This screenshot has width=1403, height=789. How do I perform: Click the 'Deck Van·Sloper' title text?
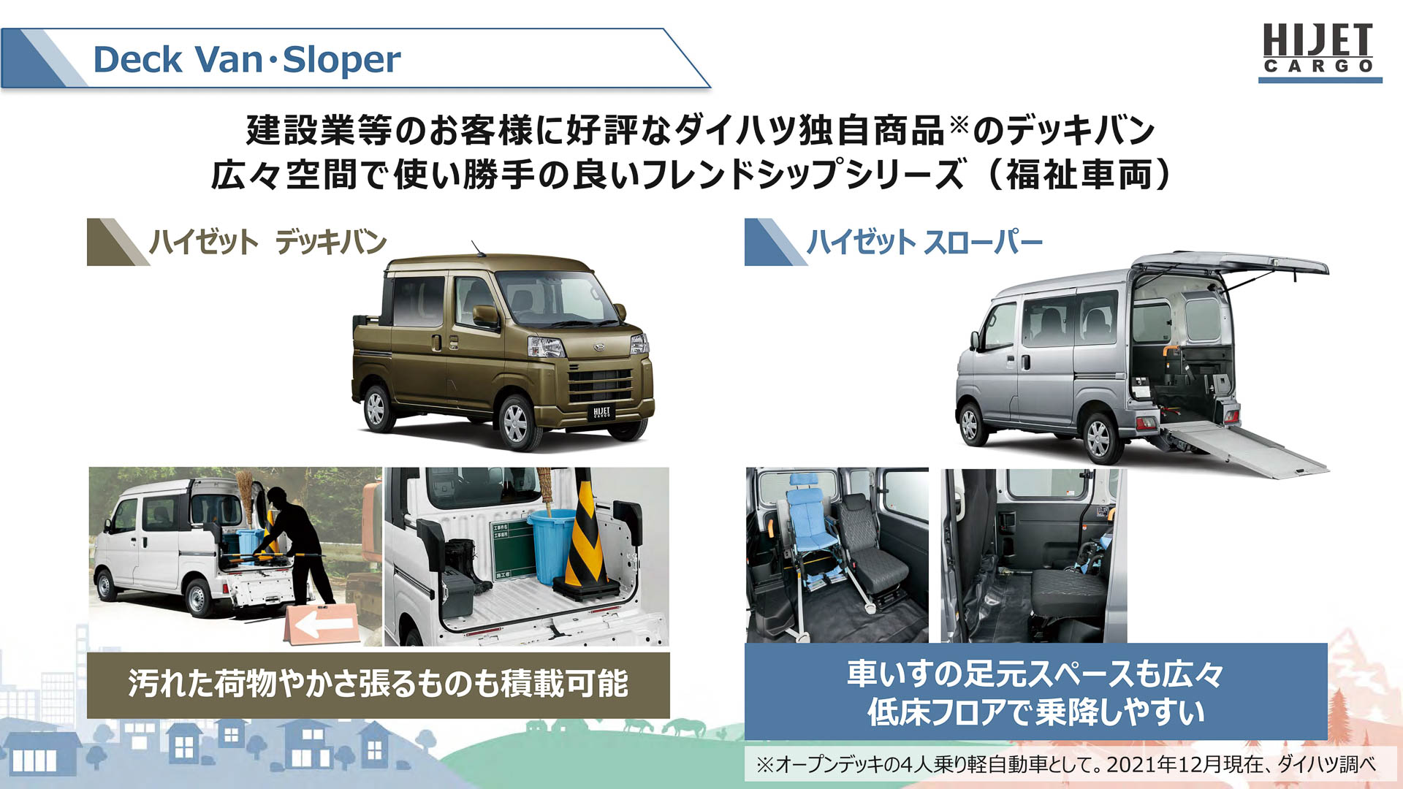pyautogui.click(x=246, y=59)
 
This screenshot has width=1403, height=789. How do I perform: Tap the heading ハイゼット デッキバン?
pyautogui.click(x=267, y=242)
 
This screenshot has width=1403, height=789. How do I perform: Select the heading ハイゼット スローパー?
pyautogui.click(x=924, y=242)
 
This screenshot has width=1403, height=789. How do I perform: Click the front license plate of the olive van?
pyautogui.click(x=601, y=413)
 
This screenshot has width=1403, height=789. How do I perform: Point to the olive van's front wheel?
pyautogui.click(x=516, y=422)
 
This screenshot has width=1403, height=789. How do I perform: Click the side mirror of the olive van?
pyautogui.click(x=485, y=316)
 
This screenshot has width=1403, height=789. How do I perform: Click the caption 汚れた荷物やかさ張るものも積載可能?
pyautogui.click(x=378, y=684)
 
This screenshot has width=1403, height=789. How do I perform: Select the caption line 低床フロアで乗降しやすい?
pyautogui.click(x=1035, y=712)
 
